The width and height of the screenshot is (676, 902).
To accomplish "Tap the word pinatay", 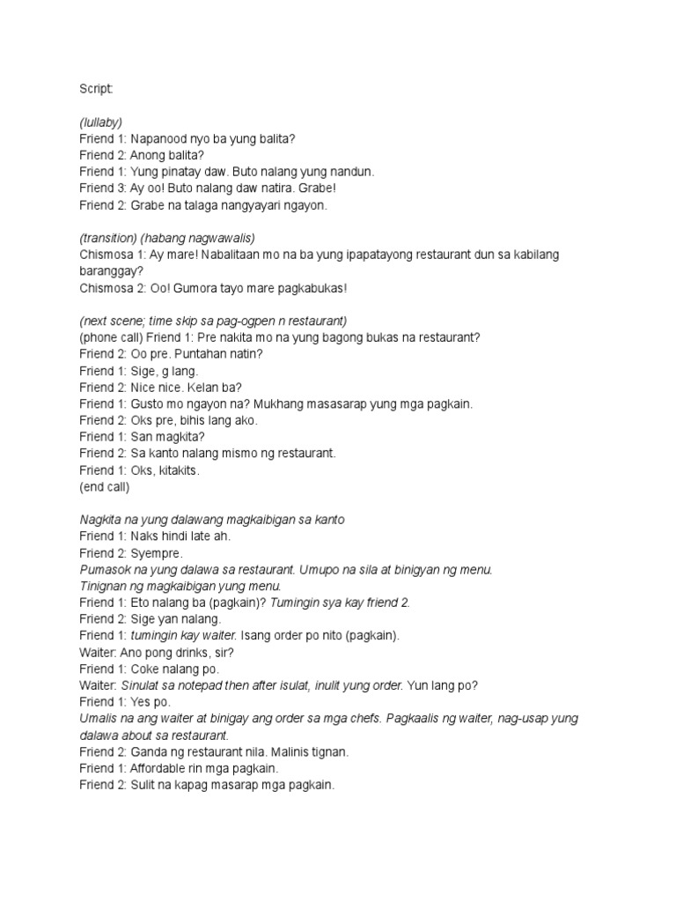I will pyautogui.click(x=181, y=172).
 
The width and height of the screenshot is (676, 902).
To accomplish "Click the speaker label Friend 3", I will pyautogui.click(x=103, y=189).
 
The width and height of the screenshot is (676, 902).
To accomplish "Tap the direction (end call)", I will pyautogui.click(x=104, y=487).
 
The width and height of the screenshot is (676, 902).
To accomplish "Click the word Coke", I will pyautogui.click(x=145, y=669).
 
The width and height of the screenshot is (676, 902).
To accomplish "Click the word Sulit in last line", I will pyautogui.click(x=143, y=785).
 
